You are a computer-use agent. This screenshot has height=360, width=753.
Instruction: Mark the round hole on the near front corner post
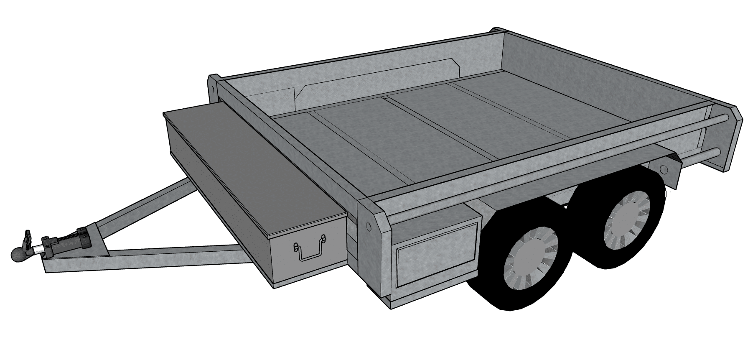[368, 226]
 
